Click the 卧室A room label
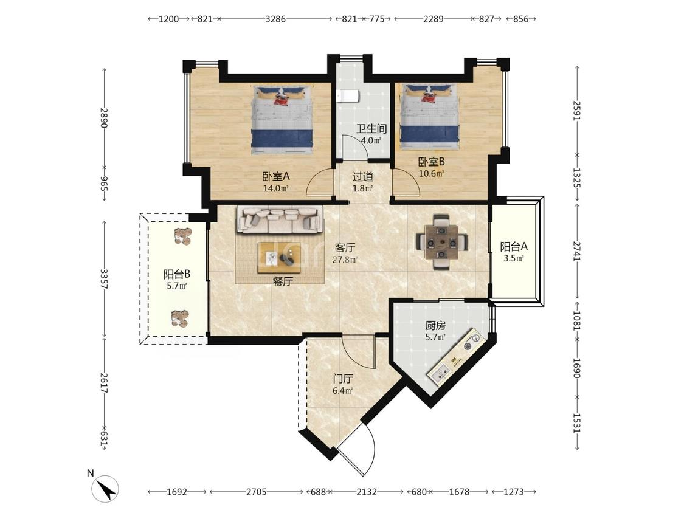[275, 176]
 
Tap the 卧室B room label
[432, 162]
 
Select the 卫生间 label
[371, 129]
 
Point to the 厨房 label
[435, 325]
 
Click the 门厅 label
[342, 379]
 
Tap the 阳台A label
[513, 246]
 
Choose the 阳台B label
[177, 274]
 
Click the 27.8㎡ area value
[345, 260]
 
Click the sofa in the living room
[280, 219]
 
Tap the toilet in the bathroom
[348, 95]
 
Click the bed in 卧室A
[283, 120]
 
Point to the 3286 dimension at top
[275, 19]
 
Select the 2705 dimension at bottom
[256, 492]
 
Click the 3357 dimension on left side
[104, 279]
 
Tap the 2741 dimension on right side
[577, 252]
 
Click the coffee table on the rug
[279, 258]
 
